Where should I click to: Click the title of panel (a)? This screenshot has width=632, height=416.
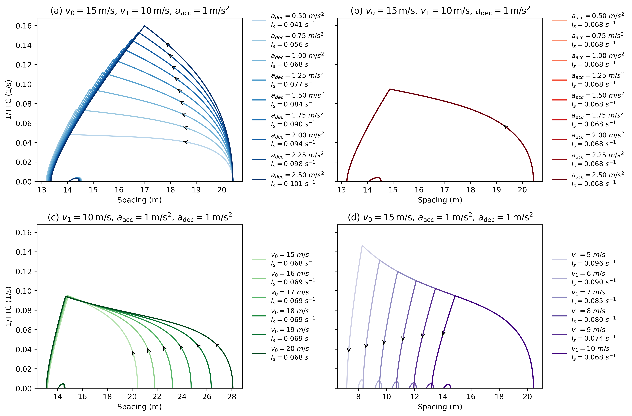(140, 11)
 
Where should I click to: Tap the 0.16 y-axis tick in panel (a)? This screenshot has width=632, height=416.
(24, 26)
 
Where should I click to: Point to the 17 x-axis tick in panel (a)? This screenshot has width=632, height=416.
(145, 190)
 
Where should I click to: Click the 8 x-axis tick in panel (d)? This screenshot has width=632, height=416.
(358, 397)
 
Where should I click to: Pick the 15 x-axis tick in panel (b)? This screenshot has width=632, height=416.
(393, 190)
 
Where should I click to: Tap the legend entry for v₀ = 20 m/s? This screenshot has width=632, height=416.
(284, 353)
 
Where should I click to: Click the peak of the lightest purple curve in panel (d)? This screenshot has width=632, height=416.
(362, 245)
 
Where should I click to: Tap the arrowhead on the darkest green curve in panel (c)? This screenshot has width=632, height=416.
(217, 345)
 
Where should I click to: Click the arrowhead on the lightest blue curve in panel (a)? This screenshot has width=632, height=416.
(185, 142)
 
